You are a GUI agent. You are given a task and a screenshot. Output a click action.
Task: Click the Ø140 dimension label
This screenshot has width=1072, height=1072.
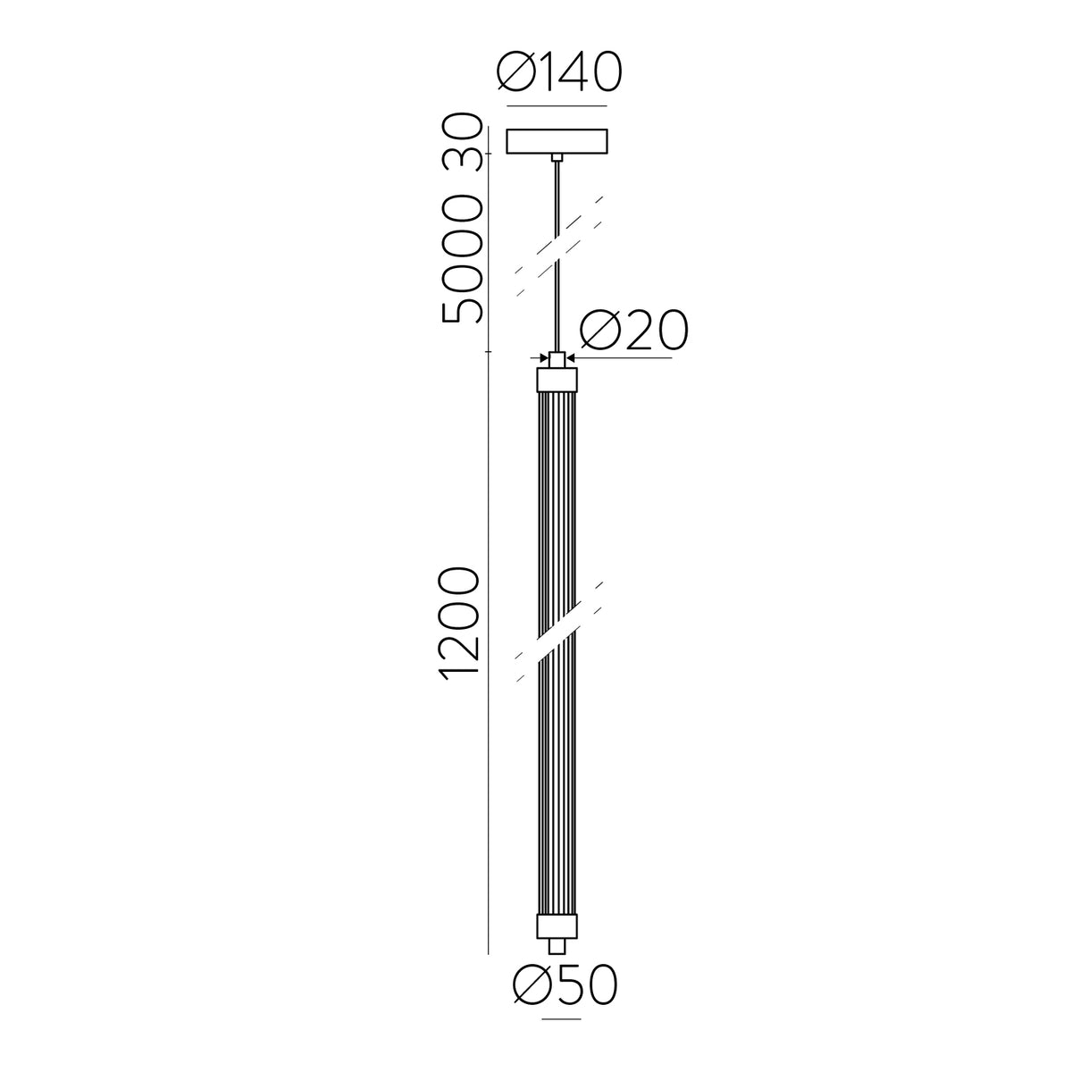559,71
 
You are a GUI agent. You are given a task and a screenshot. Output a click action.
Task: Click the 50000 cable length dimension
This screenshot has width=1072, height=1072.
460,259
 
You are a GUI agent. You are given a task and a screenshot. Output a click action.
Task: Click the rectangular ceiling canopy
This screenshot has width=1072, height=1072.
557,141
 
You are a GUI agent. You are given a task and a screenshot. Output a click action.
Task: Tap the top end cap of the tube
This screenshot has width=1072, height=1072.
557,380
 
